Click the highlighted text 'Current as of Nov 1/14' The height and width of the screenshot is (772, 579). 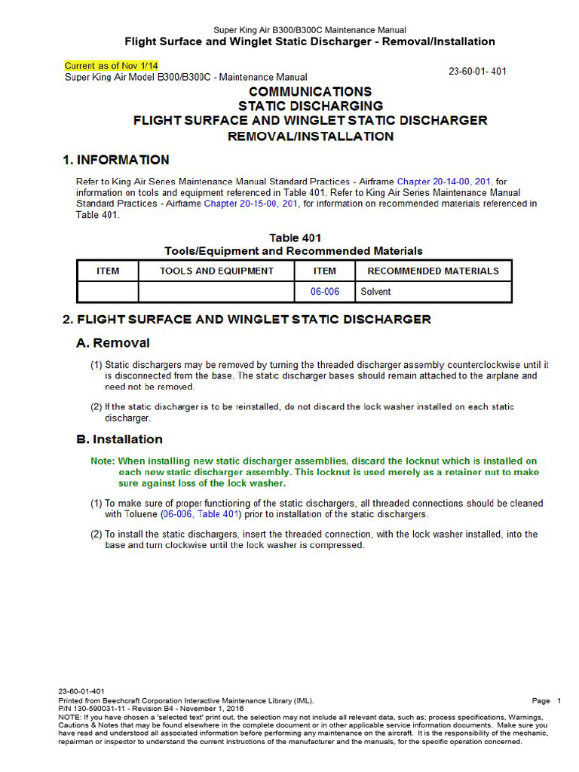tap(112, 66)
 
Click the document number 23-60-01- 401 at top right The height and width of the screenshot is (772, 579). tap(477, 72)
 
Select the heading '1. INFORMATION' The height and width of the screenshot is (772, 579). tap(115, 160)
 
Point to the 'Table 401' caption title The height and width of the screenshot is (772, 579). tap(294, 238)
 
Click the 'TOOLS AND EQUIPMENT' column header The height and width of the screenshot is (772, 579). tap(216, 271)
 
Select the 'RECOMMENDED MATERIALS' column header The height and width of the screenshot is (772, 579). tap(433, 271)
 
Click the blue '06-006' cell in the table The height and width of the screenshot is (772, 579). tap(325, 292)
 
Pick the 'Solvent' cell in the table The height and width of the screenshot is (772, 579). tap(376, 292)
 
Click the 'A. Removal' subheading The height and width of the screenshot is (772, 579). tap(113, 343)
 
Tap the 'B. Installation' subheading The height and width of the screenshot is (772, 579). tap(119, 440)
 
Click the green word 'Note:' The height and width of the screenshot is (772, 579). tap(103, 461)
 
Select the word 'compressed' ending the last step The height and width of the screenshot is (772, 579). tap(339, 545)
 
